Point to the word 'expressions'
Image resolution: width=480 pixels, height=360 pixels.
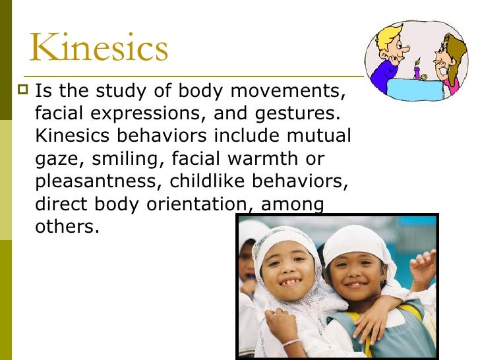(x=153, y=113)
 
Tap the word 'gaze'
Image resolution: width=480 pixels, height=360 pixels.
(x=53, y=159)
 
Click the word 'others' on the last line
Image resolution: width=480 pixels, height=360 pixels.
(x=65, y=227)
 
